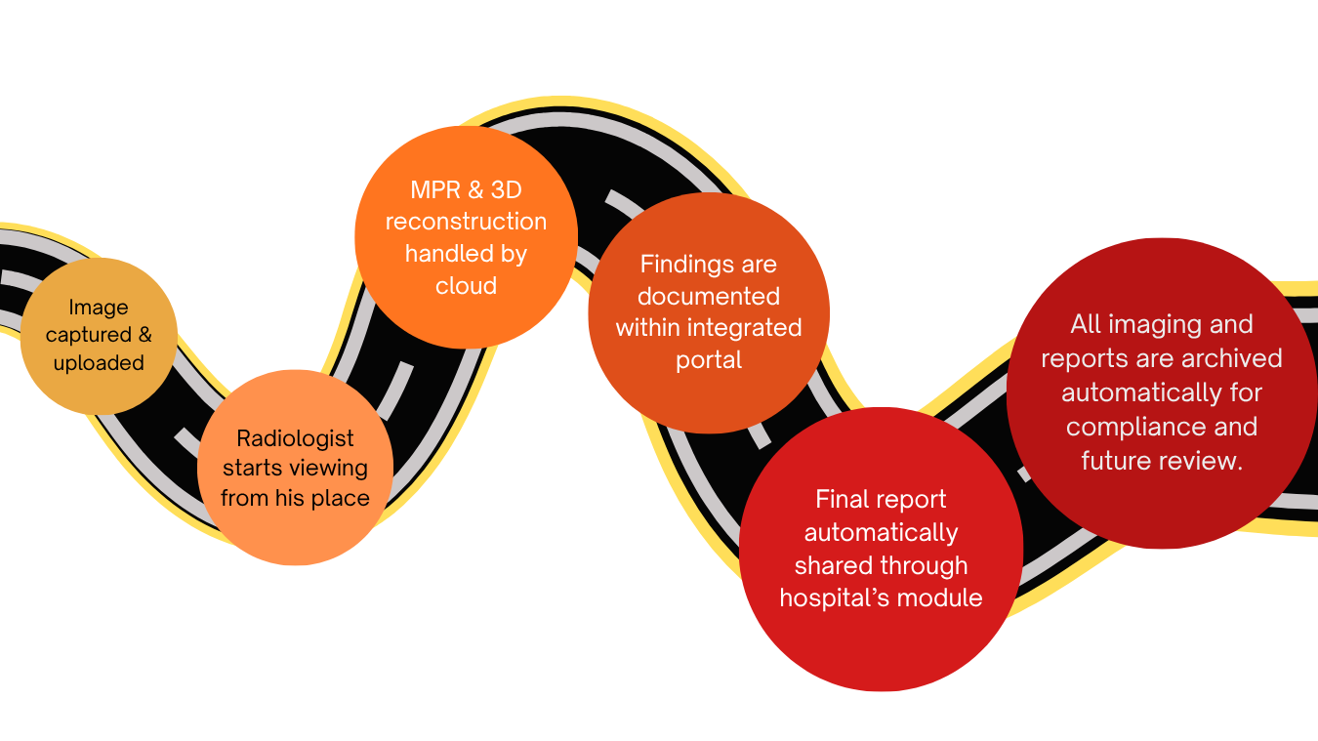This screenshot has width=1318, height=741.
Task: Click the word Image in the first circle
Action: (99, 309)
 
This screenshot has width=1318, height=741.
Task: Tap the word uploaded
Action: (99, 363)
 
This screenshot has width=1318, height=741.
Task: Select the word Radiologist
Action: (295, 438)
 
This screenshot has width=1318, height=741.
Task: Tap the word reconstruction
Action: (466, 222)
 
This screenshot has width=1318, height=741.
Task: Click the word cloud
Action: (466, 286)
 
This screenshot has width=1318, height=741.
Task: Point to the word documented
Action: (709, 296)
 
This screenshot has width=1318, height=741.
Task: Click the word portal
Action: (709, 360)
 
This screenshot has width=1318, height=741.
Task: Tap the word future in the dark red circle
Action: (1116, 461)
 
